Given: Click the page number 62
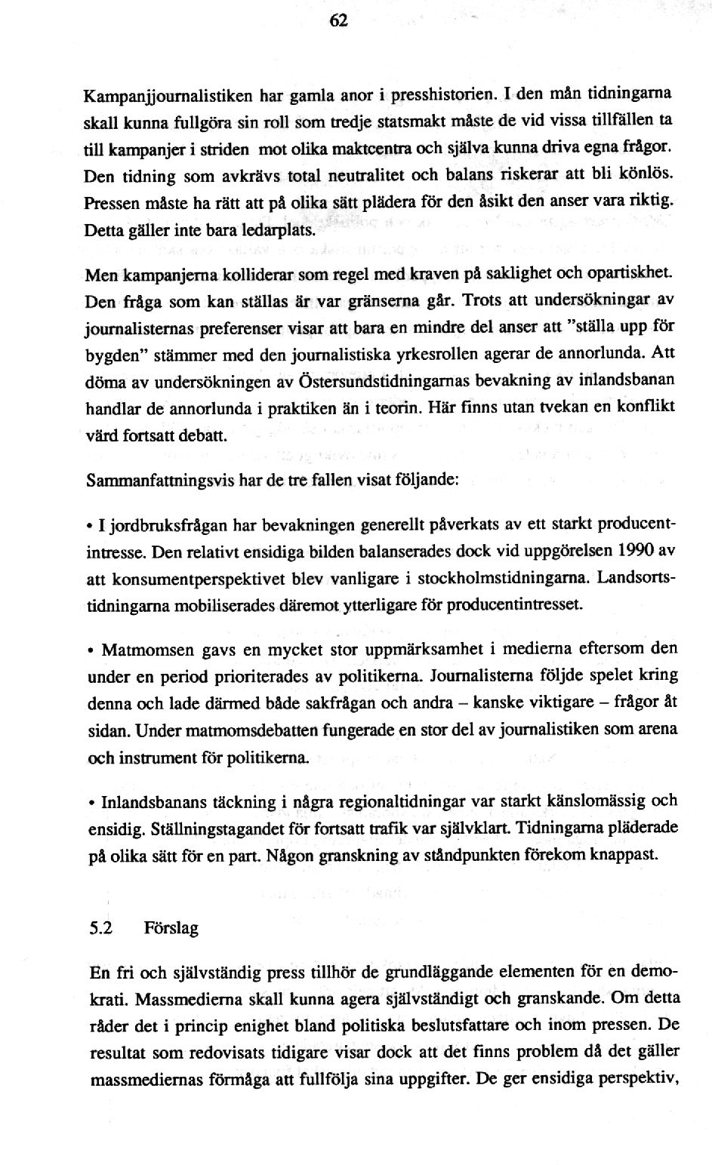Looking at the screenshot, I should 339,22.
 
